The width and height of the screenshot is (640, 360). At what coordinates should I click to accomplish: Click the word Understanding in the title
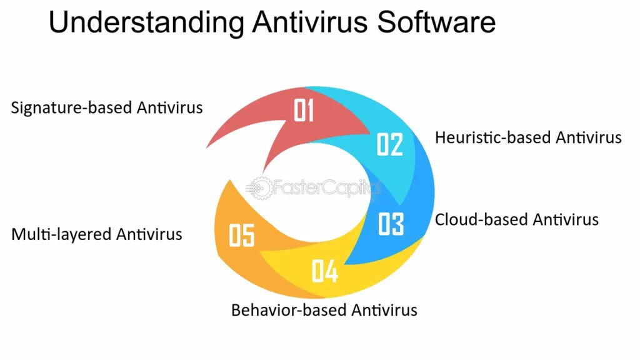(146, 23)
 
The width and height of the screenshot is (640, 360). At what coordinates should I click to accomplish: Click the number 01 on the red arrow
(304, 110)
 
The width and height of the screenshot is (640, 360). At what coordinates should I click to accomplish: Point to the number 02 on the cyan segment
(390, 144)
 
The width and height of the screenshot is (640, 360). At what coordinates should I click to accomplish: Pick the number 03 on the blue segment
(391, 224)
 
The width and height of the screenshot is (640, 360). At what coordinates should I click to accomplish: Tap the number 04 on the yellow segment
(325, 271)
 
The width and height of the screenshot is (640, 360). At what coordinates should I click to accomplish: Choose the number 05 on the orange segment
(242, 235)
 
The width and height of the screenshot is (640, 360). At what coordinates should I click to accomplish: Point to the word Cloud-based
(481, 219)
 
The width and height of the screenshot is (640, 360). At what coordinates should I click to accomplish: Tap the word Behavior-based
(289, 310)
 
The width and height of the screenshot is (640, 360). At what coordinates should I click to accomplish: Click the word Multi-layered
(61, 235)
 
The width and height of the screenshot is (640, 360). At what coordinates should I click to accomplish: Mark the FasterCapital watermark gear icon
(261, 188)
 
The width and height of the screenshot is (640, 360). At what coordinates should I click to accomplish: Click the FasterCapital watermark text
(326, 187)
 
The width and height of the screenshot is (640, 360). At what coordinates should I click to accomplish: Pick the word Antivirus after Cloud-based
(566, 219)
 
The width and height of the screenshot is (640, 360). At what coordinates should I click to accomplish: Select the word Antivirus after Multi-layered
(149, 234)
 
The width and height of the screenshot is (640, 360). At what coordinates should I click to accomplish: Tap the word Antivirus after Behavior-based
(384, 310)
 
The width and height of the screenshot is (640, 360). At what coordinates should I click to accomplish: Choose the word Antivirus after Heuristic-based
(589, 137)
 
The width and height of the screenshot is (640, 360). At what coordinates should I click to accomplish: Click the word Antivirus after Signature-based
(170, 107)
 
